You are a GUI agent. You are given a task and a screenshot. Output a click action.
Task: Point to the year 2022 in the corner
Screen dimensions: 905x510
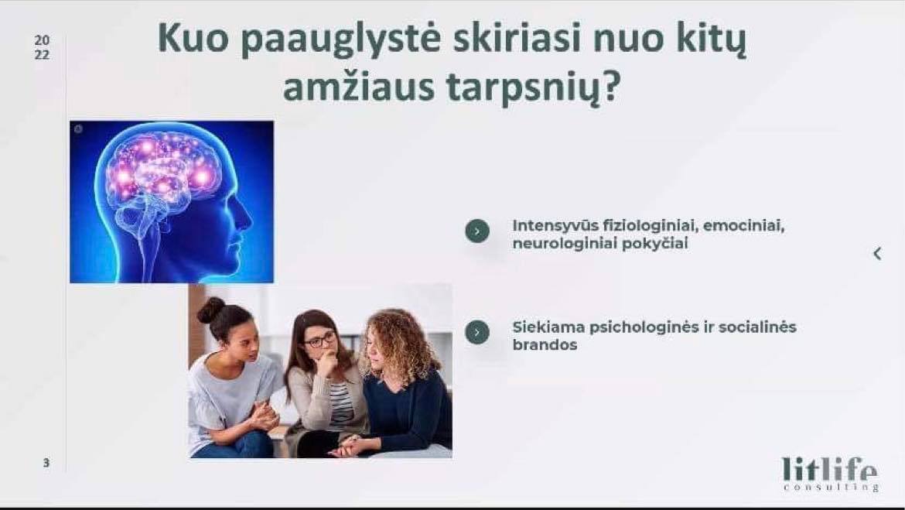coord(42,47)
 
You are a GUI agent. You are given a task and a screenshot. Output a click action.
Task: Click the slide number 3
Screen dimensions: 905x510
coord(46,463)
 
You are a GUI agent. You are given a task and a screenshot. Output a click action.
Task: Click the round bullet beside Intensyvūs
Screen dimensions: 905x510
coord(477,231)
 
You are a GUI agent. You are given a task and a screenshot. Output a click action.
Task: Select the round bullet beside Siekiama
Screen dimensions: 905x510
coord(477,332)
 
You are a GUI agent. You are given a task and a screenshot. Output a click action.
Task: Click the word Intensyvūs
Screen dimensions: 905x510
coord(554,226)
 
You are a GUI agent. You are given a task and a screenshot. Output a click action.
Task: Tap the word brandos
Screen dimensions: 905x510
coord(545,345)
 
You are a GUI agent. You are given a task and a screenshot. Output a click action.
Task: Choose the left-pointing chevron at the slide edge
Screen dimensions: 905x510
coord(877,254)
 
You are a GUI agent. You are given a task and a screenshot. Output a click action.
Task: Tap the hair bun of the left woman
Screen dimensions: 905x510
coord(210,310)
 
